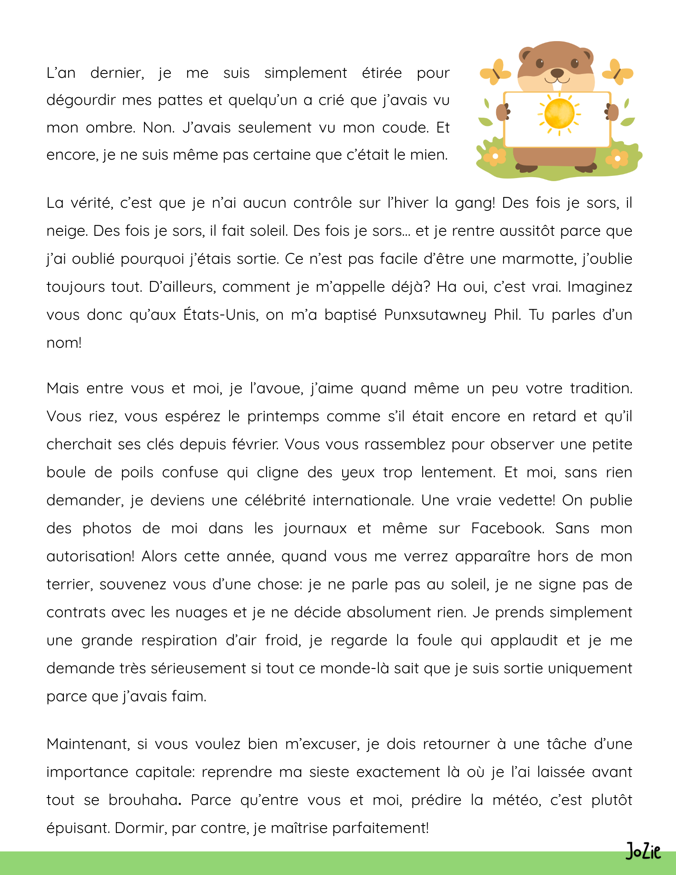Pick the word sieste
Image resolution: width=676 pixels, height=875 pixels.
click(x=329, y=772)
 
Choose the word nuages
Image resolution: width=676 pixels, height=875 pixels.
click(x=201, y=612)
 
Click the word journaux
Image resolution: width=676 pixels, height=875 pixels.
click(x=315, y=528)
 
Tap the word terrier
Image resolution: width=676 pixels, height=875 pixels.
click(x=70, y=584)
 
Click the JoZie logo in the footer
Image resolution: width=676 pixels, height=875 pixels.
click(x=643, y=851)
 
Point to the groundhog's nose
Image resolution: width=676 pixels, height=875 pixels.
click(x=557, y=72)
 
